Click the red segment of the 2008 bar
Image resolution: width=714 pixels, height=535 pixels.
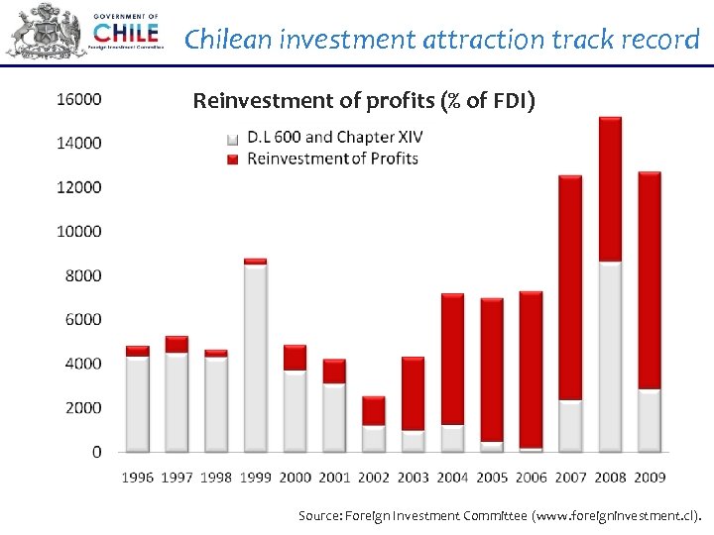610,189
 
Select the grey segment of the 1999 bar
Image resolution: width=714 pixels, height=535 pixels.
255,358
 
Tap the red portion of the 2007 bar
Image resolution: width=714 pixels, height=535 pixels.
570,287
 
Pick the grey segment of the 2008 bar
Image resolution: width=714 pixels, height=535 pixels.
610,357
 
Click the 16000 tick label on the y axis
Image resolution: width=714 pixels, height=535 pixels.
79,99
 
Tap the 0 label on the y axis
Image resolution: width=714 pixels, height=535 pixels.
96,452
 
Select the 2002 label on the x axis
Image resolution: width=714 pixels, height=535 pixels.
374,478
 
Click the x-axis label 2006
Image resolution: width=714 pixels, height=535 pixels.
532,478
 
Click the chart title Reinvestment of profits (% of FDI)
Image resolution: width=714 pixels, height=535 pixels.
364,100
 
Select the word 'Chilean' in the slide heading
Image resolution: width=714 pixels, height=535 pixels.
229,40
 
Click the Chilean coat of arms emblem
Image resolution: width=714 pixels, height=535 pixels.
46,33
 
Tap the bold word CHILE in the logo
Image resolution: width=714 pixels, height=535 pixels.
125,34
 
